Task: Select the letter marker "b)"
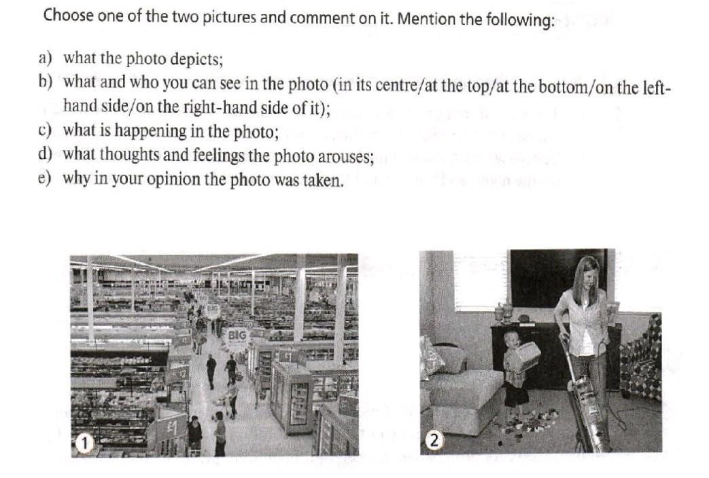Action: pos(45,82)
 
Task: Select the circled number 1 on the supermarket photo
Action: pos(83,443)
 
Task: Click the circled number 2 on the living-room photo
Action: pos(434,441)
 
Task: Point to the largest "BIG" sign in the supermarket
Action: pos(237,335)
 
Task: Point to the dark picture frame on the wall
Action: pos(558,278)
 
